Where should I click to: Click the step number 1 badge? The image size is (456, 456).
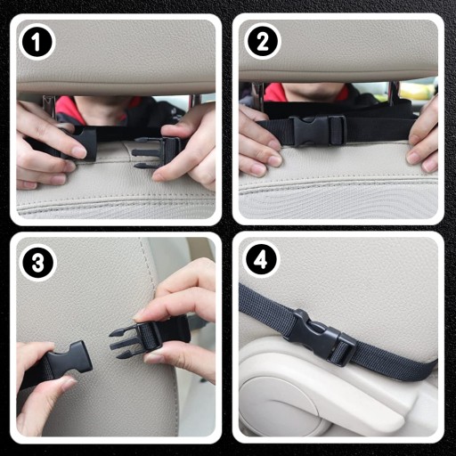[x=37, y=42]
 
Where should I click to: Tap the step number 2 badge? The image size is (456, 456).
[x=263, y=41]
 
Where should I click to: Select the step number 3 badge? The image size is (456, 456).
[x=38, y=263]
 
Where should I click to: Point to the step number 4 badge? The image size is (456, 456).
[x=261, y=260]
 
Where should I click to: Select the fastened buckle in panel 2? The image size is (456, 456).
[x=317, y=131]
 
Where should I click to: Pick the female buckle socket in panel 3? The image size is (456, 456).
[x=69, y=360]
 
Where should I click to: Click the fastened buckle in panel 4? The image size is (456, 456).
[x=321, y=337]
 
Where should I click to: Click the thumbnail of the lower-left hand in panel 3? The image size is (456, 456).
[x=68, y=384]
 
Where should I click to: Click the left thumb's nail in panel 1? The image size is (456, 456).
[x=79, y=152]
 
